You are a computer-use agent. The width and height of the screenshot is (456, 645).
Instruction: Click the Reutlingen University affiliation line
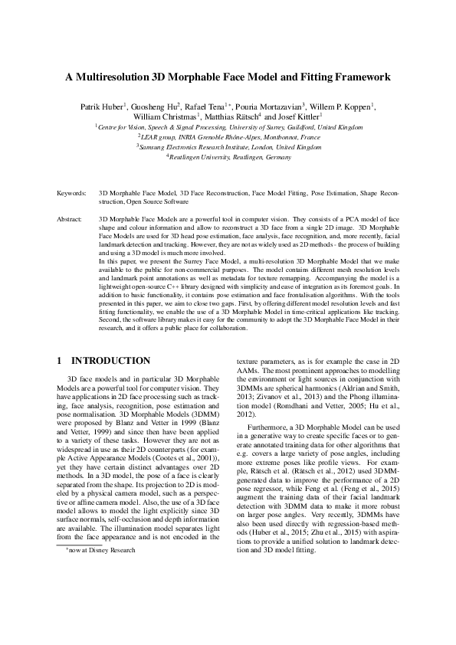(228, 156)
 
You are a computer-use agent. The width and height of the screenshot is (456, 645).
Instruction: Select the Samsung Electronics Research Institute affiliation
(228, 146)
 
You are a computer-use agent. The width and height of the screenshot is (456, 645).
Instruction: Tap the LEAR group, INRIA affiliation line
(228, 136)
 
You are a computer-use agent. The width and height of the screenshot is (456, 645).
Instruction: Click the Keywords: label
(71, 195)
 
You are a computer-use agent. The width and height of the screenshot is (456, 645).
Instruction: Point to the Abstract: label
(70, 219)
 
